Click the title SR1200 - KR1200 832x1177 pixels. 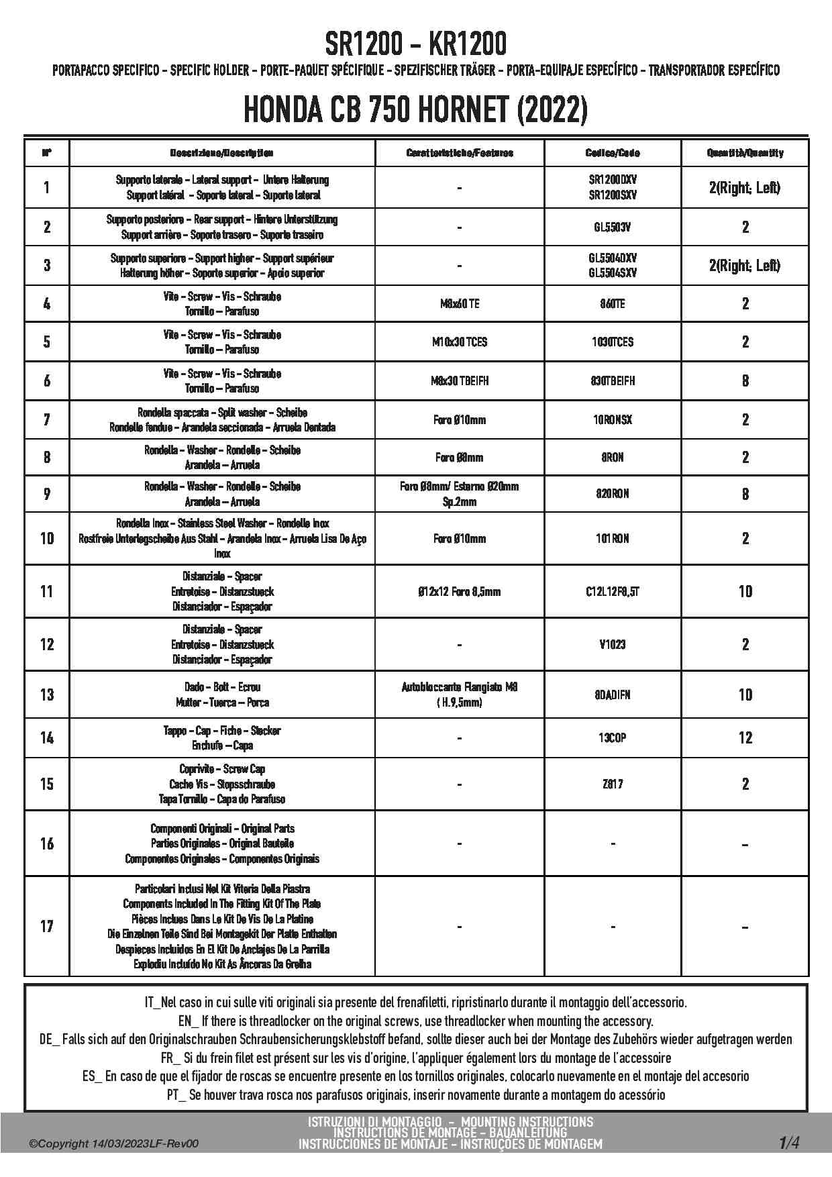(415, 44)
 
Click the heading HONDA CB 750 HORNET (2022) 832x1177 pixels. (415, 110)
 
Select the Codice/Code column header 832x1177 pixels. (613, 153)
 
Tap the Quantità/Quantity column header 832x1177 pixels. (745, 153)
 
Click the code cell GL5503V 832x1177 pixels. (613, 227)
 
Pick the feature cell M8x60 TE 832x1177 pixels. (460, 304)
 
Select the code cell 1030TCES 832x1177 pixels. (613, 342)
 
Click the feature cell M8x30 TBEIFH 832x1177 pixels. (460, 381)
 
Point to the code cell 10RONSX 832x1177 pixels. (613, 420)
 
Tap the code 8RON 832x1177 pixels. (613, 458)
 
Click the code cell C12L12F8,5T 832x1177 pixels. (613, 592)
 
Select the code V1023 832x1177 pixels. (613, 645)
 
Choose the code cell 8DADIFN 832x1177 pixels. (613, 695)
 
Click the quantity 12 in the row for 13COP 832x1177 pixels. (745, 738)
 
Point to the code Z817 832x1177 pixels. (613, 784)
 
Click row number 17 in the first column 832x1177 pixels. (46, 927)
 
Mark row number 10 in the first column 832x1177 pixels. (46, 538)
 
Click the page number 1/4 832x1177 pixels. (789, 1142)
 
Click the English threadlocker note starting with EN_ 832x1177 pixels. (415, 1021)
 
